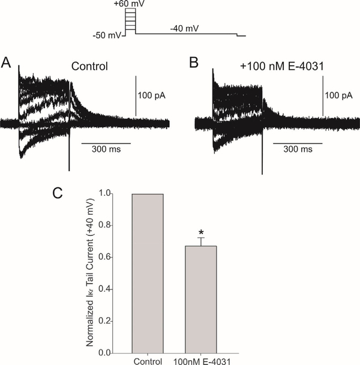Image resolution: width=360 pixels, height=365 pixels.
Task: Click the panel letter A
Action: (7, 62)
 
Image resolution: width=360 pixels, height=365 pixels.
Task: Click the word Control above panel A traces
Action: (88, 66)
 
